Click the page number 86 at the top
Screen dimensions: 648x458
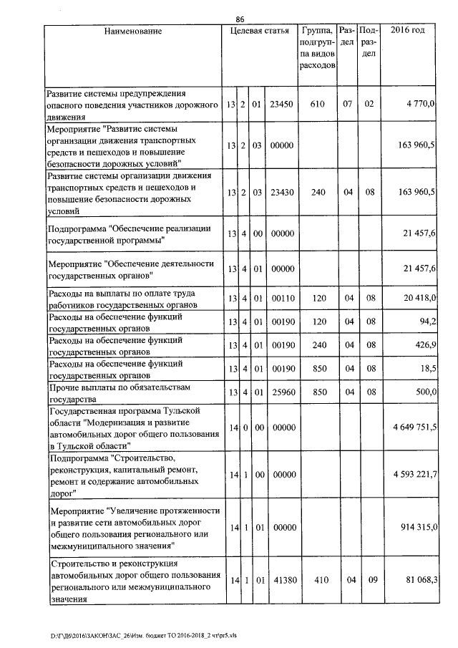(x=239, y=20)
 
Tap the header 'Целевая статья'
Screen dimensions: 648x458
(x=259, y=32)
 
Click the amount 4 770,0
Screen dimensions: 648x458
(x=419, y=105)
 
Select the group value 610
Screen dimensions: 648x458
(x=317, y=105)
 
